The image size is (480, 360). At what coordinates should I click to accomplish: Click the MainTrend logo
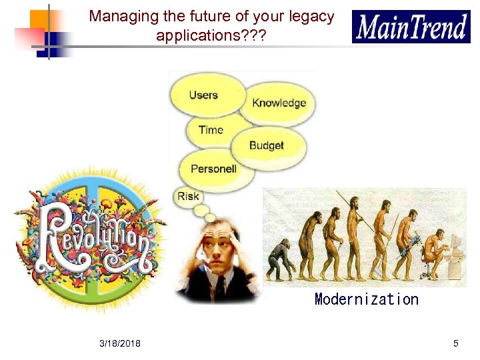(x=411, y=27)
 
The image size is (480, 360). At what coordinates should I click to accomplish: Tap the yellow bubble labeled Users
(x=204, y=95)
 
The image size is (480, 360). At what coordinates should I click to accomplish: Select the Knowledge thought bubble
(x=278, y=103)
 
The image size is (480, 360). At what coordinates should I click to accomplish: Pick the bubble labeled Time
(x=210, y=130)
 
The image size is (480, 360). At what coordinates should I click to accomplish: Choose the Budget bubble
(x=267, y=145)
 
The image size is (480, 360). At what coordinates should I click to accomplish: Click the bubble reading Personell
(x=213, y=169)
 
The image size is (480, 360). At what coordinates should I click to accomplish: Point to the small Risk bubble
(x=188, y=197)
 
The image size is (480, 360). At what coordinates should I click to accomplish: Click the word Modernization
(x=366, y=299)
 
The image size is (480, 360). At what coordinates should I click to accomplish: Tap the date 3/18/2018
(x=120, y=343)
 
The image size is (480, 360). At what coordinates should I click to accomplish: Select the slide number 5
(x=455, y=343)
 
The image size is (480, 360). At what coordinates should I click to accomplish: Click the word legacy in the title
(x=310, y=17)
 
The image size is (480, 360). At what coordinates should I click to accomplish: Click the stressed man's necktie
(x=219, y=286)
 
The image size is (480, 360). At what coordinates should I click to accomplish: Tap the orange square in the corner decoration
(x=39, y=19)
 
